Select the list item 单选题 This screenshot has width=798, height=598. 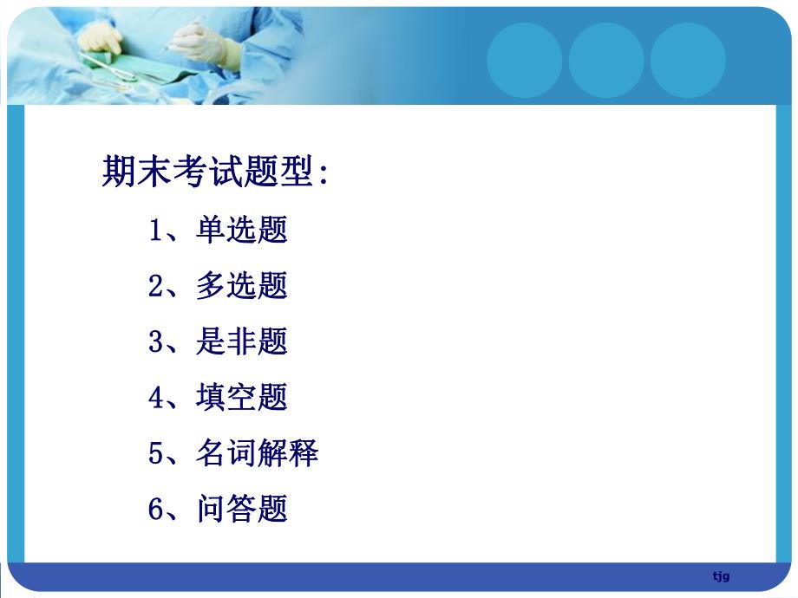click(x=242, y=231)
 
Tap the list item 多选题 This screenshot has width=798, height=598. click(x=242, y=286)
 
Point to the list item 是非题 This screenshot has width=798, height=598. click(x=242, y=341)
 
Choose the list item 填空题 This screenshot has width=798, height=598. click(x=242, y=397)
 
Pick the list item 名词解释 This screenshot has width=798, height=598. click(x=258, y=452)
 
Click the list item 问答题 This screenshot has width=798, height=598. click(x=242, y=509)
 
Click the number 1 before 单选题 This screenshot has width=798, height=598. click(x=156, y=231)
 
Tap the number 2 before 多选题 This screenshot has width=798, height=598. click(x=156, y=287)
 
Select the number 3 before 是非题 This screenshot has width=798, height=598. click(x=156, y=342)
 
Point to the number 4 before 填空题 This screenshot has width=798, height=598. click(x=156, y=398)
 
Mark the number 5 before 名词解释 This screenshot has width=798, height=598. click(x=156, y=453)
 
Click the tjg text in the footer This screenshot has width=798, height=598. click(x=721, y=576)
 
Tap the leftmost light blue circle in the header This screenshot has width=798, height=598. click(x=525, y=60)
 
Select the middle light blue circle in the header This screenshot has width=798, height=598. click(x=606, y=60)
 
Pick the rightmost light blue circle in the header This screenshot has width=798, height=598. click(x=688, y=60)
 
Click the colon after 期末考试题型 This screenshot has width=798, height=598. click(x=324, y=173)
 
